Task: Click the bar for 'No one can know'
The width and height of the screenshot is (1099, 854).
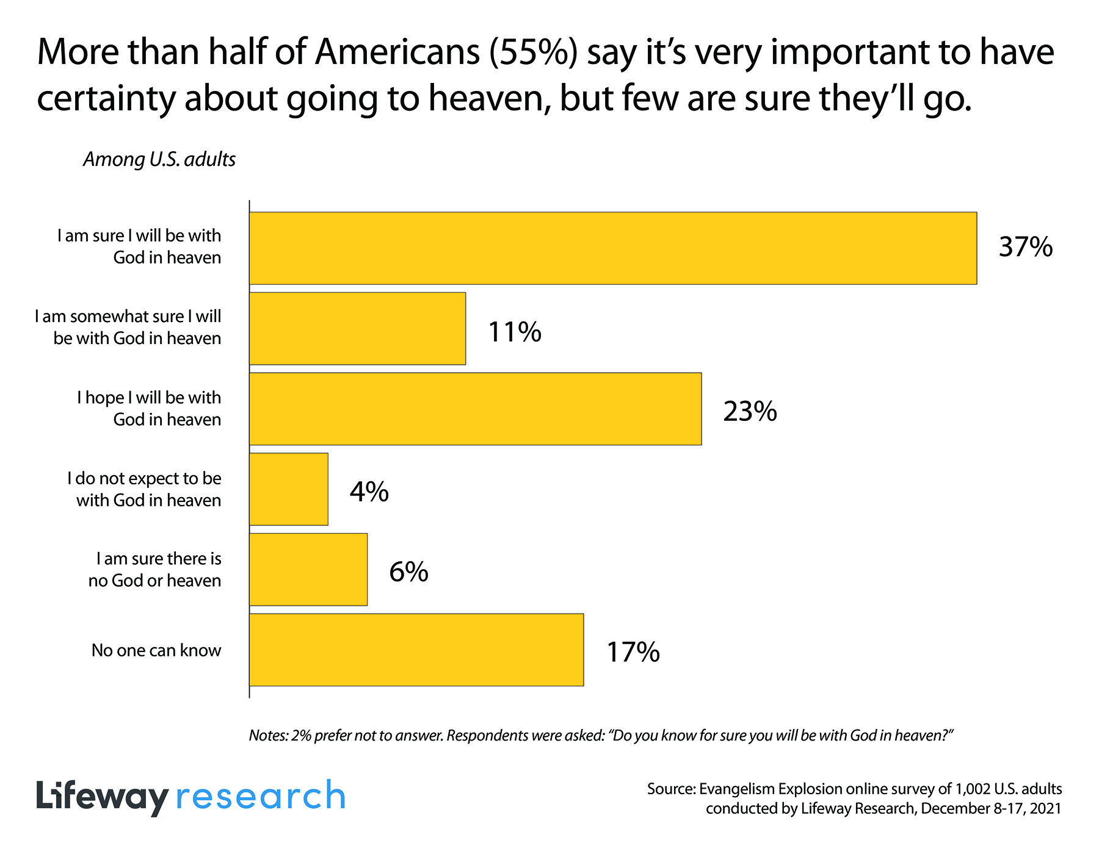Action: [416, 650]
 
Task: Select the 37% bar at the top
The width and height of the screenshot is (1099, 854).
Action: [613, 248]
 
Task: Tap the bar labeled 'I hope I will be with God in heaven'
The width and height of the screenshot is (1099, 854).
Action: [475, 409]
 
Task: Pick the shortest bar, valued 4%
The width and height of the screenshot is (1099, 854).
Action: [289, 489]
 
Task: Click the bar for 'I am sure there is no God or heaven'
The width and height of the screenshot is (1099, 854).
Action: [308, 570]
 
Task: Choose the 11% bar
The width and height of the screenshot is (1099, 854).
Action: [357, 329]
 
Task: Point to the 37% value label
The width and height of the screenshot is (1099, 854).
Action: [1025, 247]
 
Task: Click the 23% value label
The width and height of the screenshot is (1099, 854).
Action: [750, 412]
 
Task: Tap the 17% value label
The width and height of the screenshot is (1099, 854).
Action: [633, 652]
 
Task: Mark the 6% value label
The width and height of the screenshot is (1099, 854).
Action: [408, 572]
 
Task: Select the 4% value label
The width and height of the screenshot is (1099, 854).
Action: [369, 492]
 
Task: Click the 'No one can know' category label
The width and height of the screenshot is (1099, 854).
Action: [156, 650]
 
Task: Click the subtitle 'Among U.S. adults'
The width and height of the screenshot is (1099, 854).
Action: [159, 159]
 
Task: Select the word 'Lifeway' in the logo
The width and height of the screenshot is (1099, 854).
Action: [102, 797]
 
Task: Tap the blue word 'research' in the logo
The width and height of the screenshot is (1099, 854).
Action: [261, 797]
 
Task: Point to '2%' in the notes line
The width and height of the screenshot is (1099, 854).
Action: [301, 736]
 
